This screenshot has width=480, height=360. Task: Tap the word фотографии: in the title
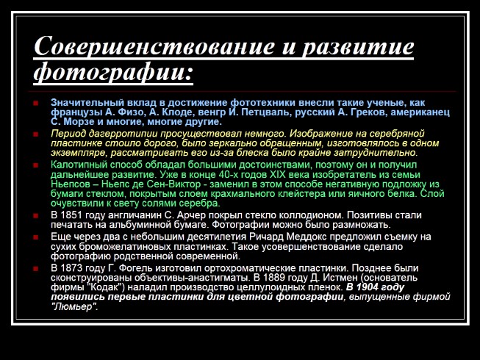tap(113, 74)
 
